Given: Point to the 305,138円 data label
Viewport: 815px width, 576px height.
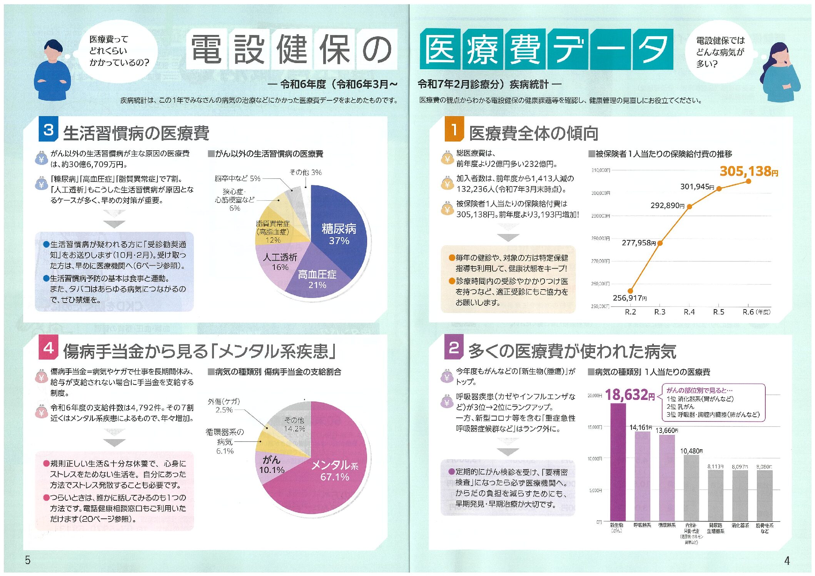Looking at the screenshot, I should [x=748, y=171].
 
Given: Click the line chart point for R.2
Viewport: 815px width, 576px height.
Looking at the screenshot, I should [x=630, y=291].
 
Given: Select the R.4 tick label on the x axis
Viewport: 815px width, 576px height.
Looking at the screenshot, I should [x=689, y=312].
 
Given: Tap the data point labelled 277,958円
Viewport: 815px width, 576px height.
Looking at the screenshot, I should [x=660, y=243].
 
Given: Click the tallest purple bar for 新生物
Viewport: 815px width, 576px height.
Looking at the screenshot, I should [x=618, y=461].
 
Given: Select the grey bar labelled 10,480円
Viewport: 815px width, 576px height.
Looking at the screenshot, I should [x=691, y=488].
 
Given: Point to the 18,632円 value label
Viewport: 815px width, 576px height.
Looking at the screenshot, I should [x=630, y=395].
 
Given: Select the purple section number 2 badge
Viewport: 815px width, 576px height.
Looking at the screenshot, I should [x=454, y=347].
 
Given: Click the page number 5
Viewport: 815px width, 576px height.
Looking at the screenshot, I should [x=28, y=560].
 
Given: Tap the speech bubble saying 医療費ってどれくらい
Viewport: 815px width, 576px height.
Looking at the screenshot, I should [x=118, y=51].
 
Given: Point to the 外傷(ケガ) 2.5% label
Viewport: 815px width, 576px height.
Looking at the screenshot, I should [x=224, y=406].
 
